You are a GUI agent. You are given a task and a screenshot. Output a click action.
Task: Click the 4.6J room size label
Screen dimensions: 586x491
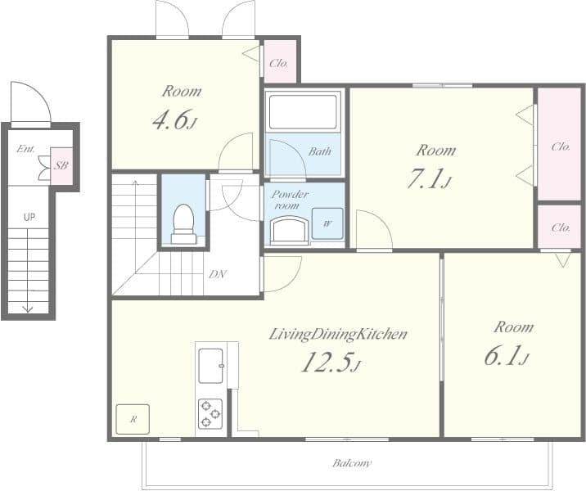(x=174, y=119)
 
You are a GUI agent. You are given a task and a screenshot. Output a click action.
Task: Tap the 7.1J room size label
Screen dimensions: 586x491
(x=430, y=178)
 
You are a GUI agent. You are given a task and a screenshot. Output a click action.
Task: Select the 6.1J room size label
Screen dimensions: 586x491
(x=507, y=355)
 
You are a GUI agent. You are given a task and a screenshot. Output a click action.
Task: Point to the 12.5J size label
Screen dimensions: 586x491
(x=331, y=363)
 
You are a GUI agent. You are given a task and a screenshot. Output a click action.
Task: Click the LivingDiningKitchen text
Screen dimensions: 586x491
(x=338, y=335)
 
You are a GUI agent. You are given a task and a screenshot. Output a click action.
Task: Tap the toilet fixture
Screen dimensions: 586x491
(x=183, y=224)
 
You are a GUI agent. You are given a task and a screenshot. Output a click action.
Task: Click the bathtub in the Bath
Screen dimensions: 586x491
(x=303, y=112)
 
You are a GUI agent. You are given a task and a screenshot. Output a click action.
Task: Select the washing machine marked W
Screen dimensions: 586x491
(x=327, y=223)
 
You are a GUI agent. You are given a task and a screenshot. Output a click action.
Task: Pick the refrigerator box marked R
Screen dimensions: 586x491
(x=133, y=419)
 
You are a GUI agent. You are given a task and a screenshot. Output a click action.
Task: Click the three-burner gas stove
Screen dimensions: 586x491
(x=210, y=413)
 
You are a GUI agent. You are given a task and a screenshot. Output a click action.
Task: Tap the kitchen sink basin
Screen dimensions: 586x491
(x=211, y=366)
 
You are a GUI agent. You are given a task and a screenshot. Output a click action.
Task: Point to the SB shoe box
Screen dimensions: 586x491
(x=61, y=165)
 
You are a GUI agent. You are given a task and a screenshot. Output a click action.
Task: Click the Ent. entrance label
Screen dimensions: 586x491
(x=26, y=149)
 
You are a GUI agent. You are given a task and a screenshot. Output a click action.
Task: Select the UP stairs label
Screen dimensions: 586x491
(x=29, y=217)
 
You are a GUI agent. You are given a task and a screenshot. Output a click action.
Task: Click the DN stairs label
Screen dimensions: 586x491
(x=218, y=275)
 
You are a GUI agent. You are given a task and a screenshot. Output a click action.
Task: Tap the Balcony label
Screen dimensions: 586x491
(x=352, y=463)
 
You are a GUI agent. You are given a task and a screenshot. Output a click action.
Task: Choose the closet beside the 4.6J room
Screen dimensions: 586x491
(x=280, y=61)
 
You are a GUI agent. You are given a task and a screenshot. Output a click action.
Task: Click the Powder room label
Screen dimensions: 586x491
(x=290, y=200)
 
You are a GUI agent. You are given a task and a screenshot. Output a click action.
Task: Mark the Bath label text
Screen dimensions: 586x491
(x=319, y=151)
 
